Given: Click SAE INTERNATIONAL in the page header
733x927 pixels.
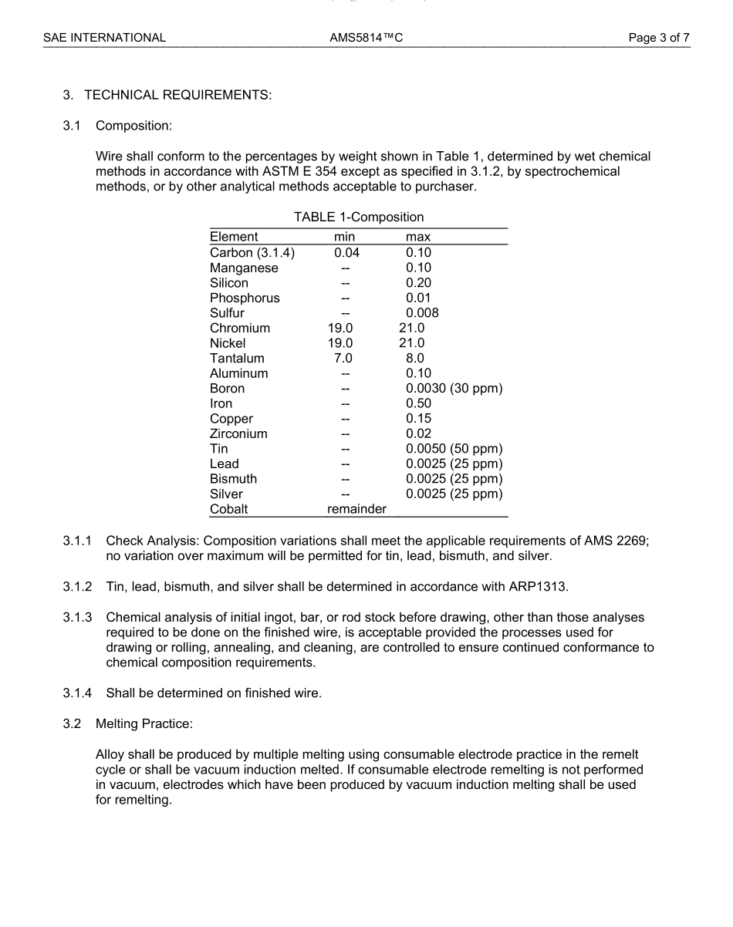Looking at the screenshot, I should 104,37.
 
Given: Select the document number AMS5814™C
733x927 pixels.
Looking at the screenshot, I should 366,37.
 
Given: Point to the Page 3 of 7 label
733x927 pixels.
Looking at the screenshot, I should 659,37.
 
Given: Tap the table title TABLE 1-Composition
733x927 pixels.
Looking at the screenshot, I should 359,217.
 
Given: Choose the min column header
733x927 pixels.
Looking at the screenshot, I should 344,237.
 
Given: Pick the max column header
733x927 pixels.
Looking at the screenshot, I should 418,237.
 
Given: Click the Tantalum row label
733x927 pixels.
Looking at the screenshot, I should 237,358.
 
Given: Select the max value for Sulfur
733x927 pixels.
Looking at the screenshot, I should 422,313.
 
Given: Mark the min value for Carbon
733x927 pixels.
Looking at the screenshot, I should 346,252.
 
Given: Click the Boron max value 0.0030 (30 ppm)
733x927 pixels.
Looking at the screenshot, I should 454,389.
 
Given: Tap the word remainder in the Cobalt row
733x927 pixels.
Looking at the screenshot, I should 356,509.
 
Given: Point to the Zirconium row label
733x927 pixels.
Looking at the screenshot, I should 238,433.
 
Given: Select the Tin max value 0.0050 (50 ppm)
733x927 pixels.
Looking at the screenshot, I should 454,449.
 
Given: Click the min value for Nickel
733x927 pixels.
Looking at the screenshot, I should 340,343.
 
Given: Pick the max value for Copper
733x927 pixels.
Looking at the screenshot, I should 418,419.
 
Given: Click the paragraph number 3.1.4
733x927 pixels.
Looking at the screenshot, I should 78,693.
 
